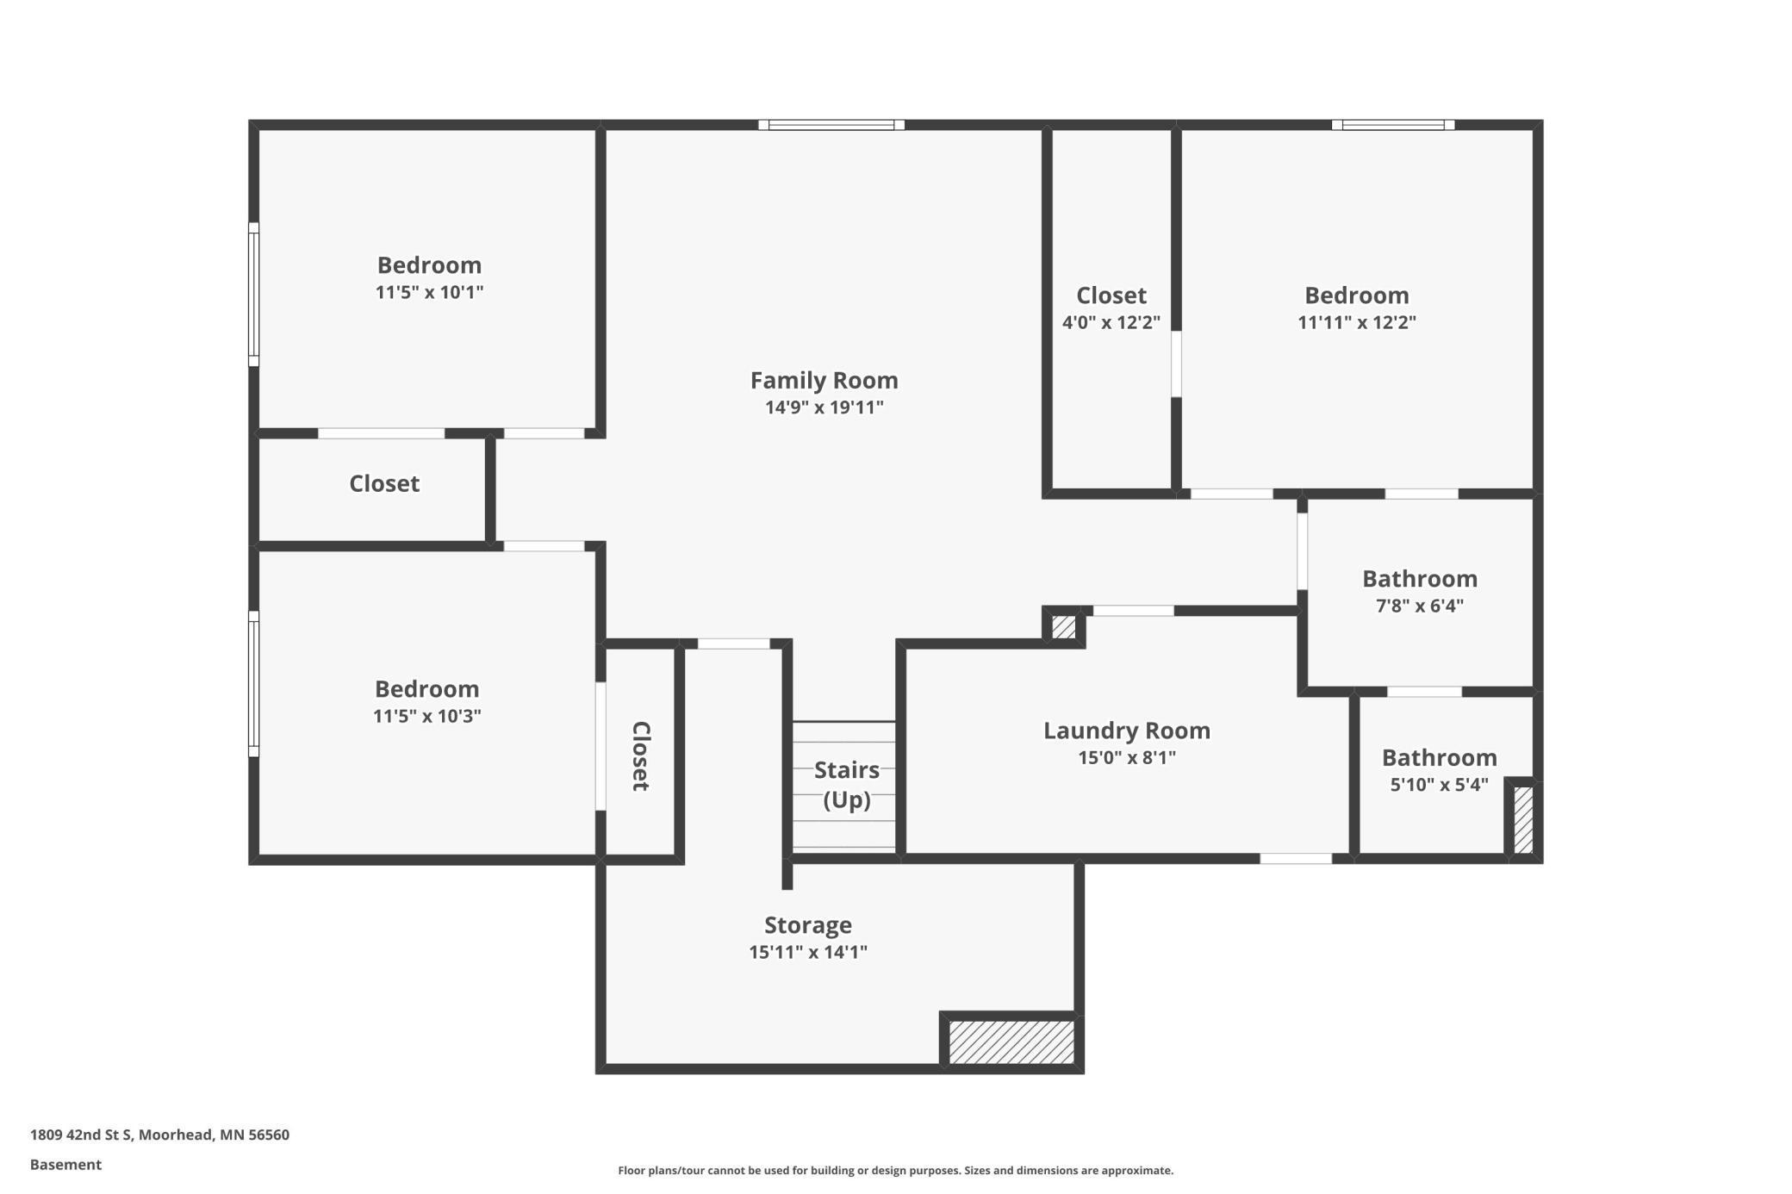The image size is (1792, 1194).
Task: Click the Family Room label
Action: [x=824, y=380]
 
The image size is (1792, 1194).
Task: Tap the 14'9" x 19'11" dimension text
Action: [x=824, y=407]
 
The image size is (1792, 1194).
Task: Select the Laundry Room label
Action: [x=1127, y=731]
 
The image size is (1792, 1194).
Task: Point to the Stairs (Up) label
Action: [x=846, y=784]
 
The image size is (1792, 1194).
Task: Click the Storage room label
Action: [x=808, y=925]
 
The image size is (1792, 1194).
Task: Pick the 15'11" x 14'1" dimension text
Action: [x=808, y=952]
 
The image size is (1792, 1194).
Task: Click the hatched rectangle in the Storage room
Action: [x=1011, y=1042]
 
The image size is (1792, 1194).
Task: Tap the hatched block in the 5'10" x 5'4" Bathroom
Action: [x=1523, y=819]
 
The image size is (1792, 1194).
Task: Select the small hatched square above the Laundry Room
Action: [x=1064, y=626]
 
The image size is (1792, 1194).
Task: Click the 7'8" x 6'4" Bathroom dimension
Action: [x=1420, y=606]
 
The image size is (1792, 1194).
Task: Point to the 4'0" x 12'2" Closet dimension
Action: [x=1111, y=322]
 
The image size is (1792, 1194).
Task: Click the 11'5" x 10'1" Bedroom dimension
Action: [x=429, y=292]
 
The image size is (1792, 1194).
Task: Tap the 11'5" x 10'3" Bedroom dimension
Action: [x=426, y=716]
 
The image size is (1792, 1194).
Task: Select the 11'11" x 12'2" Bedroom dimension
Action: [x=1357, y=322]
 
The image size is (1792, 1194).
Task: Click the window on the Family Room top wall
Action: [x=831, y=125]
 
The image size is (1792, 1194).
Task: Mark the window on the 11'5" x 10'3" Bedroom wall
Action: [x=254, y=683]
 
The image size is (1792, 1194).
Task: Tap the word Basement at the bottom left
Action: [x=65, y=1165]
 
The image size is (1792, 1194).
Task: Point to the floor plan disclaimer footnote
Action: [x=895, y=1170]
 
